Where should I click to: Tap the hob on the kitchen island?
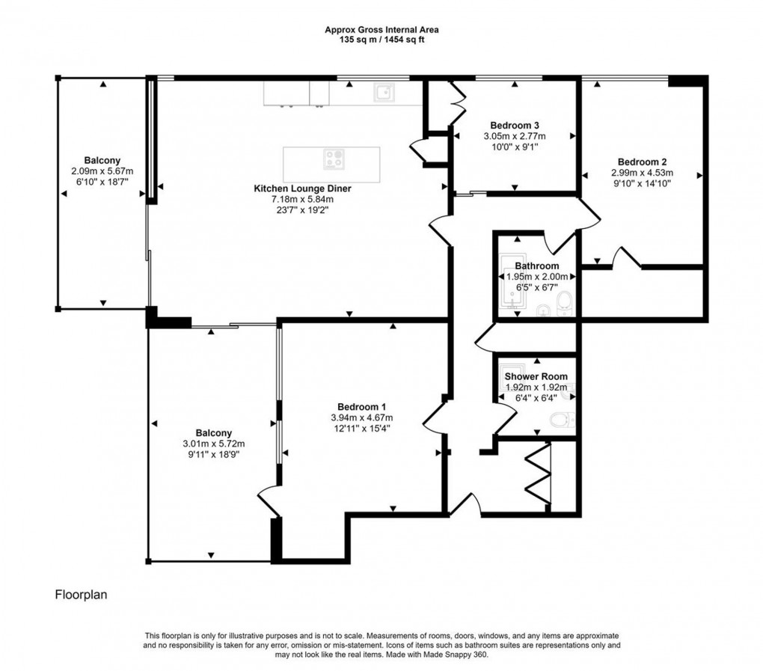(334, 159)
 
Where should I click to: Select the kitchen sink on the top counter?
(385, 93)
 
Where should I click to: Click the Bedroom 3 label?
(515, 125)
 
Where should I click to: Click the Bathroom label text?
(537, 266)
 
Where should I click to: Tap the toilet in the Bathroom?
(566, 301)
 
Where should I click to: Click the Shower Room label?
(536, 376)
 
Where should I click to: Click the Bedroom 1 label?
(361, 406)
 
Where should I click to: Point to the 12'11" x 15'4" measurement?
(361, 428)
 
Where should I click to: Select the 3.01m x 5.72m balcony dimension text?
(214, 444)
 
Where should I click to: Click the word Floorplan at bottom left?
(82, 595)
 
